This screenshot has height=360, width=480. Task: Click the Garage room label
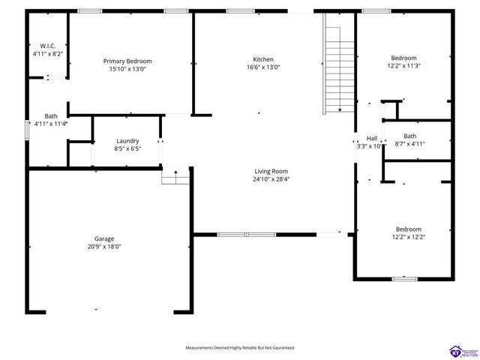tap(104, 238)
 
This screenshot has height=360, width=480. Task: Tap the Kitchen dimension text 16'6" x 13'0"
tap(262, 67)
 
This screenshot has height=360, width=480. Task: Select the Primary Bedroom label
tap(127, 61)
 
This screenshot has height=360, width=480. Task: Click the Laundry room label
tap(127, 140)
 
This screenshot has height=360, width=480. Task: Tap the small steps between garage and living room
tap(176, 176)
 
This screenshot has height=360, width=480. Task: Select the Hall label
tap(372, 138)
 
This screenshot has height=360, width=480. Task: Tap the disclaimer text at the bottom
tap(240, 348)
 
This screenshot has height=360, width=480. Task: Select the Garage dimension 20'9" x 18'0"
tap(104, 246)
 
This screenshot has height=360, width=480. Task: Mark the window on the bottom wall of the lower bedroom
tap(404, 279)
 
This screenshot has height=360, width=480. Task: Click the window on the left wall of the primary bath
tap(28, 128)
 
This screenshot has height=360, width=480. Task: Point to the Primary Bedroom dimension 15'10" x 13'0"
tap(127, 69)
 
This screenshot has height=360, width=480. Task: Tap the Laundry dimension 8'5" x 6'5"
tap(127, 148)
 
